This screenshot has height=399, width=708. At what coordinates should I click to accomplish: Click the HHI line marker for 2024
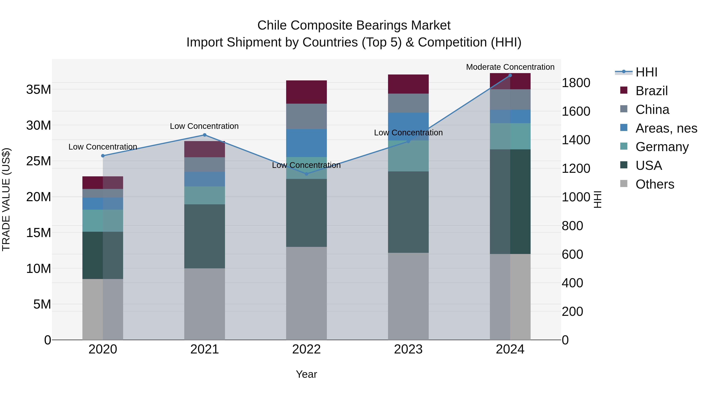[510, 75]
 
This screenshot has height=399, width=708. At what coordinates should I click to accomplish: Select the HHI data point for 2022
[306, 174]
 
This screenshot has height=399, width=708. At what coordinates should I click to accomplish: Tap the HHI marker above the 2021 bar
[205, 135]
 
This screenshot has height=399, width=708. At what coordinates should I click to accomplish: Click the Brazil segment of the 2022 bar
[306, 92]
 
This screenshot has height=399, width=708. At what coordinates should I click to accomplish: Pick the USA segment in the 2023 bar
[408, 212]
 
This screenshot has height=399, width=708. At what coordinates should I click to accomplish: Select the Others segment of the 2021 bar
[205, 304]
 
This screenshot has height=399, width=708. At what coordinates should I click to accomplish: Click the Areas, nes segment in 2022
[306, 143]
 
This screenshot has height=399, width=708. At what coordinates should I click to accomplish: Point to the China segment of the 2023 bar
[408, 103]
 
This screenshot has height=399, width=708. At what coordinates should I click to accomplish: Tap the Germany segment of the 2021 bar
[205, 195]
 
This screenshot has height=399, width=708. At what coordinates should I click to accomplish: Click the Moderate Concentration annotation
[510, 67]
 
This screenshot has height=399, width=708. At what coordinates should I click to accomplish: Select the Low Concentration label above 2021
[204, 126]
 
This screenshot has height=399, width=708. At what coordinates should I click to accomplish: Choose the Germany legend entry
[662, 147]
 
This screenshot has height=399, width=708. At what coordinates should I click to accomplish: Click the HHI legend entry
[646, 72]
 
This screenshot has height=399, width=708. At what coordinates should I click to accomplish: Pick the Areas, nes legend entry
[666, 128]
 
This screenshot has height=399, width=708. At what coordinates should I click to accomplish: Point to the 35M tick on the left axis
[39, 89]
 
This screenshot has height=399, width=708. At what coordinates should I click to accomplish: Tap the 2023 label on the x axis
[408, 349]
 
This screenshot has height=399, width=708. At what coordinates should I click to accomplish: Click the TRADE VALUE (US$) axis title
[6, 199]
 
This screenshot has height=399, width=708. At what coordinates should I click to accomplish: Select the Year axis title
[306, 374]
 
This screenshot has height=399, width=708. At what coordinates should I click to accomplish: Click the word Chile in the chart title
[272, 25]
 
